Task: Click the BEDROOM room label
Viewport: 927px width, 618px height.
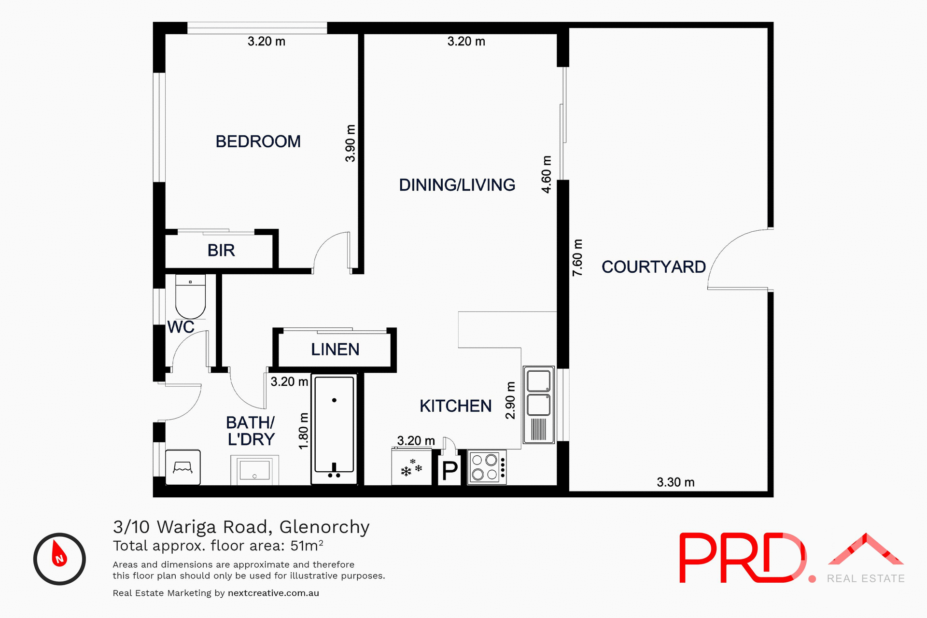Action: (x=258, y=141)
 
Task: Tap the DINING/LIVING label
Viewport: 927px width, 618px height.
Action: (x=457, y=185)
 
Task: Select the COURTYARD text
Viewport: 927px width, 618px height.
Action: (x=653, y=267)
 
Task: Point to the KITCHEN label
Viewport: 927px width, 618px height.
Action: (x=455, y=406)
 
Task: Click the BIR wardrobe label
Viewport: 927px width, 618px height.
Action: (x=221, y=251)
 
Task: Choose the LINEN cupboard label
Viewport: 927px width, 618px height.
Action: (x=335, y=350)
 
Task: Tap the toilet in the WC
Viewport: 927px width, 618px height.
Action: (x=190, y=296)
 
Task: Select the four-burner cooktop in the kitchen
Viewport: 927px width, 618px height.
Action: (x=487, y=467)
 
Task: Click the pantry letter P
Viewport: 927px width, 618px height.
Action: (x=450, y=470)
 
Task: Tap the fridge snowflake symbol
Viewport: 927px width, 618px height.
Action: (x=411, y=468)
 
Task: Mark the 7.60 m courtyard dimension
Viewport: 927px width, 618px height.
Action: (x=577, y=258)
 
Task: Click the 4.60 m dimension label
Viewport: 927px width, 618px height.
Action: (x=547, y=174)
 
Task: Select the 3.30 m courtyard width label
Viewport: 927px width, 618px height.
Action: (x=675, y=482)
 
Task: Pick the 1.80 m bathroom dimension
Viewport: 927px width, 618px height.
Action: (x=303, y=431)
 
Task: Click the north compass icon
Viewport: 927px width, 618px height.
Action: (x=59, y=559)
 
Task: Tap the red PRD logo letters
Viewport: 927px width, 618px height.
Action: (x=741, y=558)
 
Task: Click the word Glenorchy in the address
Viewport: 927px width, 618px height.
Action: (x=324, y=527)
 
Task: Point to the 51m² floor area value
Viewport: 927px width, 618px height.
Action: (x=307, y=546)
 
